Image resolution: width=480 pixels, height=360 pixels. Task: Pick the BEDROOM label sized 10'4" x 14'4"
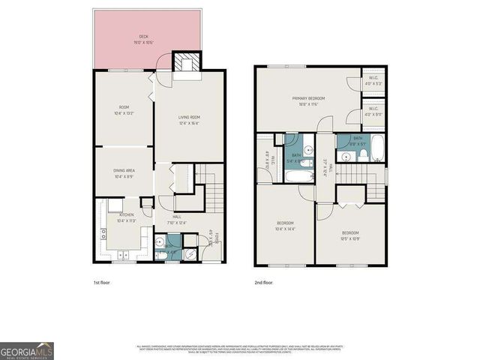pos(285,224)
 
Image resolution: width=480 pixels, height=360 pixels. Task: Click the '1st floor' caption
pos(102,282)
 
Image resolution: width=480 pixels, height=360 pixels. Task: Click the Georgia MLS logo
pos(26,350)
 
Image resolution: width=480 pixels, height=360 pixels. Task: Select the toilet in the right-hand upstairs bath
pos(363,154)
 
